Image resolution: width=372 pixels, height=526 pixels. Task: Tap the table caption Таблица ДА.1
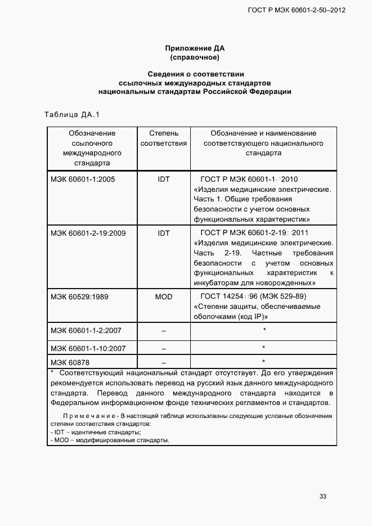coord(71,115)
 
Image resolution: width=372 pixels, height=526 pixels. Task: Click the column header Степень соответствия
coord(163,138)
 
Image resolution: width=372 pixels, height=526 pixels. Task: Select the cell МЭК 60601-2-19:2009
coord(87,233)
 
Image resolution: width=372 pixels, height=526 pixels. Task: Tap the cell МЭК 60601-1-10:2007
coord(88,348)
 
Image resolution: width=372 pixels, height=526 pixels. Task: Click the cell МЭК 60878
coord(70,362)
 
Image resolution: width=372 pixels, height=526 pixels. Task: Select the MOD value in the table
coord(163,296)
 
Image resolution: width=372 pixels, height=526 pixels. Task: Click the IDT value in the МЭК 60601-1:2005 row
coord(163,179)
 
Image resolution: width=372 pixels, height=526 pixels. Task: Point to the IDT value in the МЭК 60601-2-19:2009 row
coord(163,233)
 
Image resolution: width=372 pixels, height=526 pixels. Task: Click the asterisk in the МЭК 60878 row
coord(263,361)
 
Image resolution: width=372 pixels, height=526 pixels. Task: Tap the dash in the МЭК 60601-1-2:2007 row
coord(163,331)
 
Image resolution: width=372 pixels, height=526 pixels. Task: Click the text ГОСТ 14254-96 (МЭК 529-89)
coord(253,296)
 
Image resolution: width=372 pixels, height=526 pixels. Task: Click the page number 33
coord(322,496)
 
